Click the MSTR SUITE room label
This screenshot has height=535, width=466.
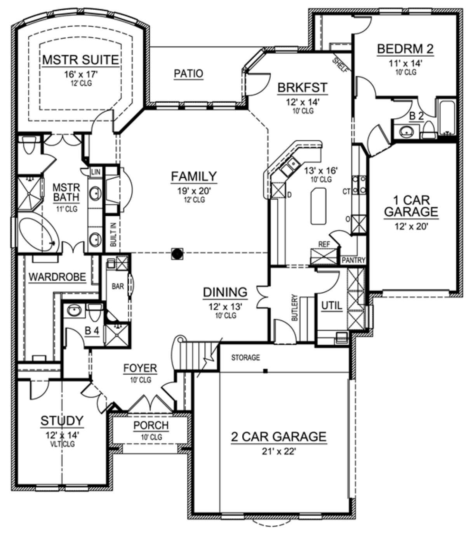click(x=80, y=60)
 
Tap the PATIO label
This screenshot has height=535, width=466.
click(x=188, y=73)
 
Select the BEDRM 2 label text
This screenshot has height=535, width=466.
click(x=405, y=49)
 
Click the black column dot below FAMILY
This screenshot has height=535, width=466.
click(x=177, y=254)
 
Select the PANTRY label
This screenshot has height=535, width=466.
click(x=353, y=260)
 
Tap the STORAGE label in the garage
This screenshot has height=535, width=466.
click(x=245, y=358)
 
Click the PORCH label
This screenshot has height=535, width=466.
click(x=151, y=426)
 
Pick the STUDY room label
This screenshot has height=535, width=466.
click(x=62, y=421)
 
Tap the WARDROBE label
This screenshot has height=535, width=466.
click(x=57, y=277)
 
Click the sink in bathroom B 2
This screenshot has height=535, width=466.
click(x=406, y=132)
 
